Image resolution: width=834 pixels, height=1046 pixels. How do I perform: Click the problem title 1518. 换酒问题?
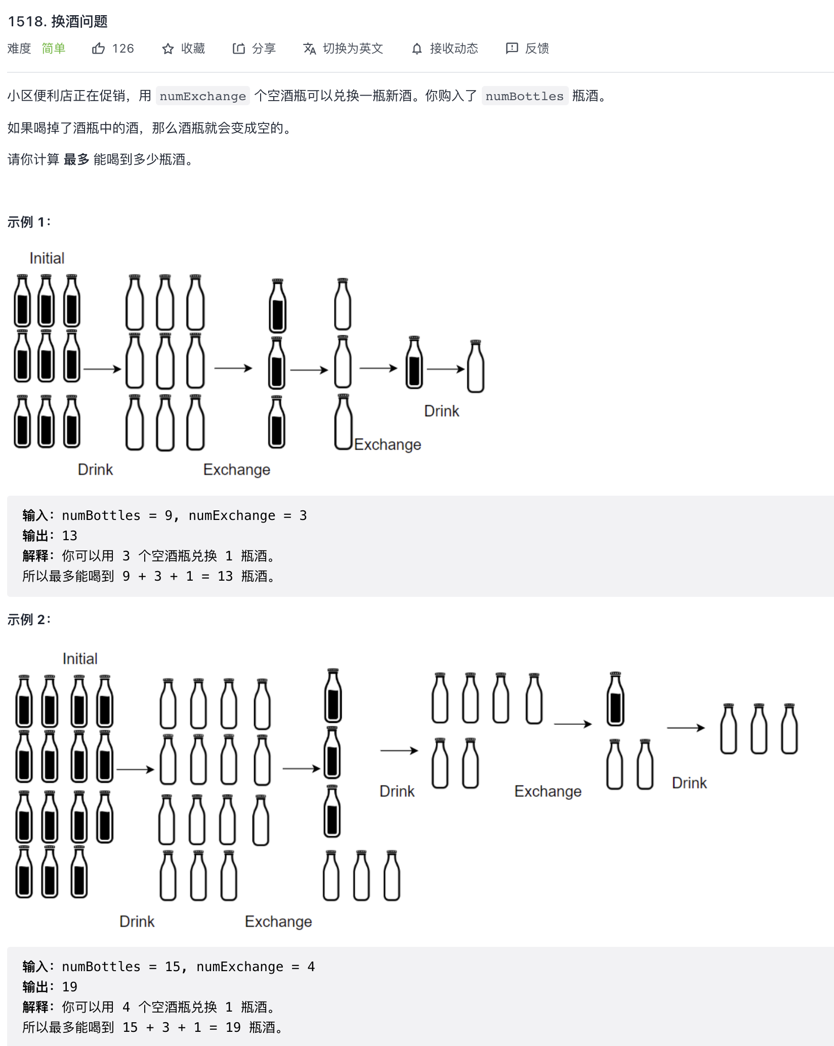coord(58,21)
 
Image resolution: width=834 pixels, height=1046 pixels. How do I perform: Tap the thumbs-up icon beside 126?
coord(98,49)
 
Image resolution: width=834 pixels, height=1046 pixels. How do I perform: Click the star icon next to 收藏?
coord(168,49)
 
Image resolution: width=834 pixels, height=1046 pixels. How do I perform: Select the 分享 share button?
coord(254,49)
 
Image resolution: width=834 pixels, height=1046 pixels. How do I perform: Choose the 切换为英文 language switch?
coord(343,49)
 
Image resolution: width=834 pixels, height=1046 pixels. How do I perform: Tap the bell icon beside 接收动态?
coord(416,49)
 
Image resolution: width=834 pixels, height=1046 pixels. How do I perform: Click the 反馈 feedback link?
coord(528,49)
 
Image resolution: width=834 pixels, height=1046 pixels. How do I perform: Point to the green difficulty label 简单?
coord(54,49)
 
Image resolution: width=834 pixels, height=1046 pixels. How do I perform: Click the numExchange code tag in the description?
coord(202,96)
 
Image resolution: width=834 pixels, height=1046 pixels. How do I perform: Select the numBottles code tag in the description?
coord(524,96)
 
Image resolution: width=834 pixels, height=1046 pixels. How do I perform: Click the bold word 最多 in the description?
coord(76,160)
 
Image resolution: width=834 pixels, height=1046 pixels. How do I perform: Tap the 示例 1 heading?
coord(29,222)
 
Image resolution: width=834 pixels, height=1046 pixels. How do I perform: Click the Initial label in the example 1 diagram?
coord(47,258)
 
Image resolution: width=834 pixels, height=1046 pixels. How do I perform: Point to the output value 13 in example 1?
coord(69,536)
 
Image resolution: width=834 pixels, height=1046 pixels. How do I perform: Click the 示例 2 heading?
coord(29,620)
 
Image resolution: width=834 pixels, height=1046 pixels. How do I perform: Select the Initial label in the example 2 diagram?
coord(80,659)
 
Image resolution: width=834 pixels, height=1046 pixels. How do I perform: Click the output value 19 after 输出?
coord(69,987)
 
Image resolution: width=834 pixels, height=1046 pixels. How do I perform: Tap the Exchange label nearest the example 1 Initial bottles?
coord(236,470)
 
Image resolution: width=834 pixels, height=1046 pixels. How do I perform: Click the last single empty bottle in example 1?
coord(475,367)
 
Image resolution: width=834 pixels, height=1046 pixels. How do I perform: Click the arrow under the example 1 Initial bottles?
coord(102,369)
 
